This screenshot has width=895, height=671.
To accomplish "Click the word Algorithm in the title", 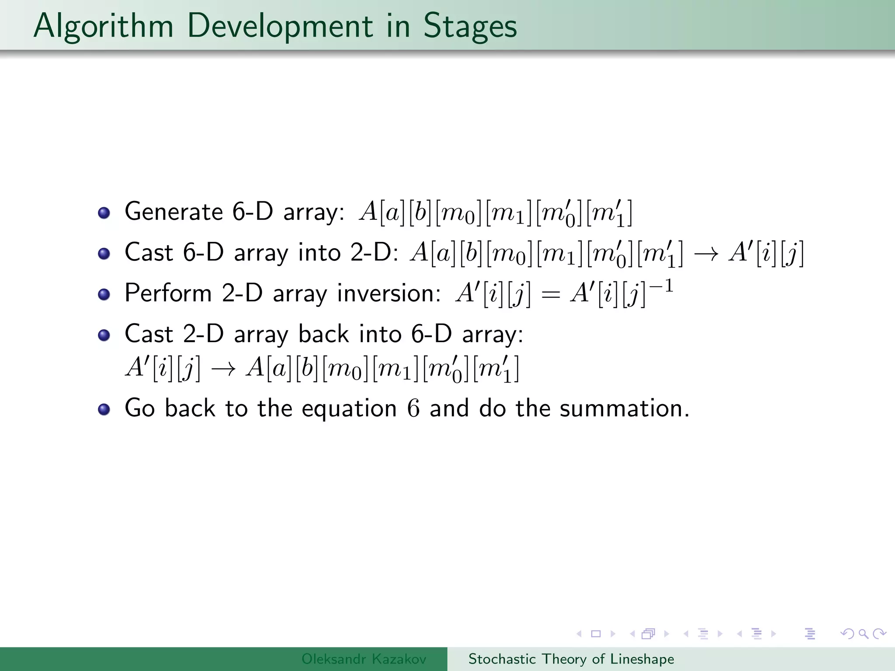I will click(103, 26).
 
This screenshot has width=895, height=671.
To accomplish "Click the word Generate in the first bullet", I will click(174, 212).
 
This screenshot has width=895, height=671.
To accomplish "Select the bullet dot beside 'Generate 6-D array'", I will click(104, 213).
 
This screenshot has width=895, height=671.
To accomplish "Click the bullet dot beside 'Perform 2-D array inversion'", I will click(104, 294).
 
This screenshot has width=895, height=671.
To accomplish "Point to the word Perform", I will click(168, 293).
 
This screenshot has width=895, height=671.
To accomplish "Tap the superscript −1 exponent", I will click(661, 286).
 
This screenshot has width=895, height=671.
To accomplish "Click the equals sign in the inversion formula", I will click(550, 294).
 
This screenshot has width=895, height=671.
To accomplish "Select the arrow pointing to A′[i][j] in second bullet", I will click(706, 254).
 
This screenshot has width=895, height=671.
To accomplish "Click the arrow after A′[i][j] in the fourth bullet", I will click(223, 368).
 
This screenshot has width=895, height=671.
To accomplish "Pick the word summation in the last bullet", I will click(624, 408).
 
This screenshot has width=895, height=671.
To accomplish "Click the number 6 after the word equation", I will click(413, 408).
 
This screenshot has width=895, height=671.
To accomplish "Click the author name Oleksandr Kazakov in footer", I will click(364, 659).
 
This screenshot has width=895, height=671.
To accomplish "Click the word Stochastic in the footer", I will click(502, 659).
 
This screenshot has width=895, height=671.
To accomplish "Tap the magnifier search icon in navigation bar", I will click(863, 633).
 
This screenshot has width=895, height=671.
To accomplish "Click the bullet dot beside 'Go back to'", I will click(104, 409).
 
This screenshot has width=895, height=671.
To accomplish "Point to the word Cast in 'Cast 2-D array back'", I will click(149, 334).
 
